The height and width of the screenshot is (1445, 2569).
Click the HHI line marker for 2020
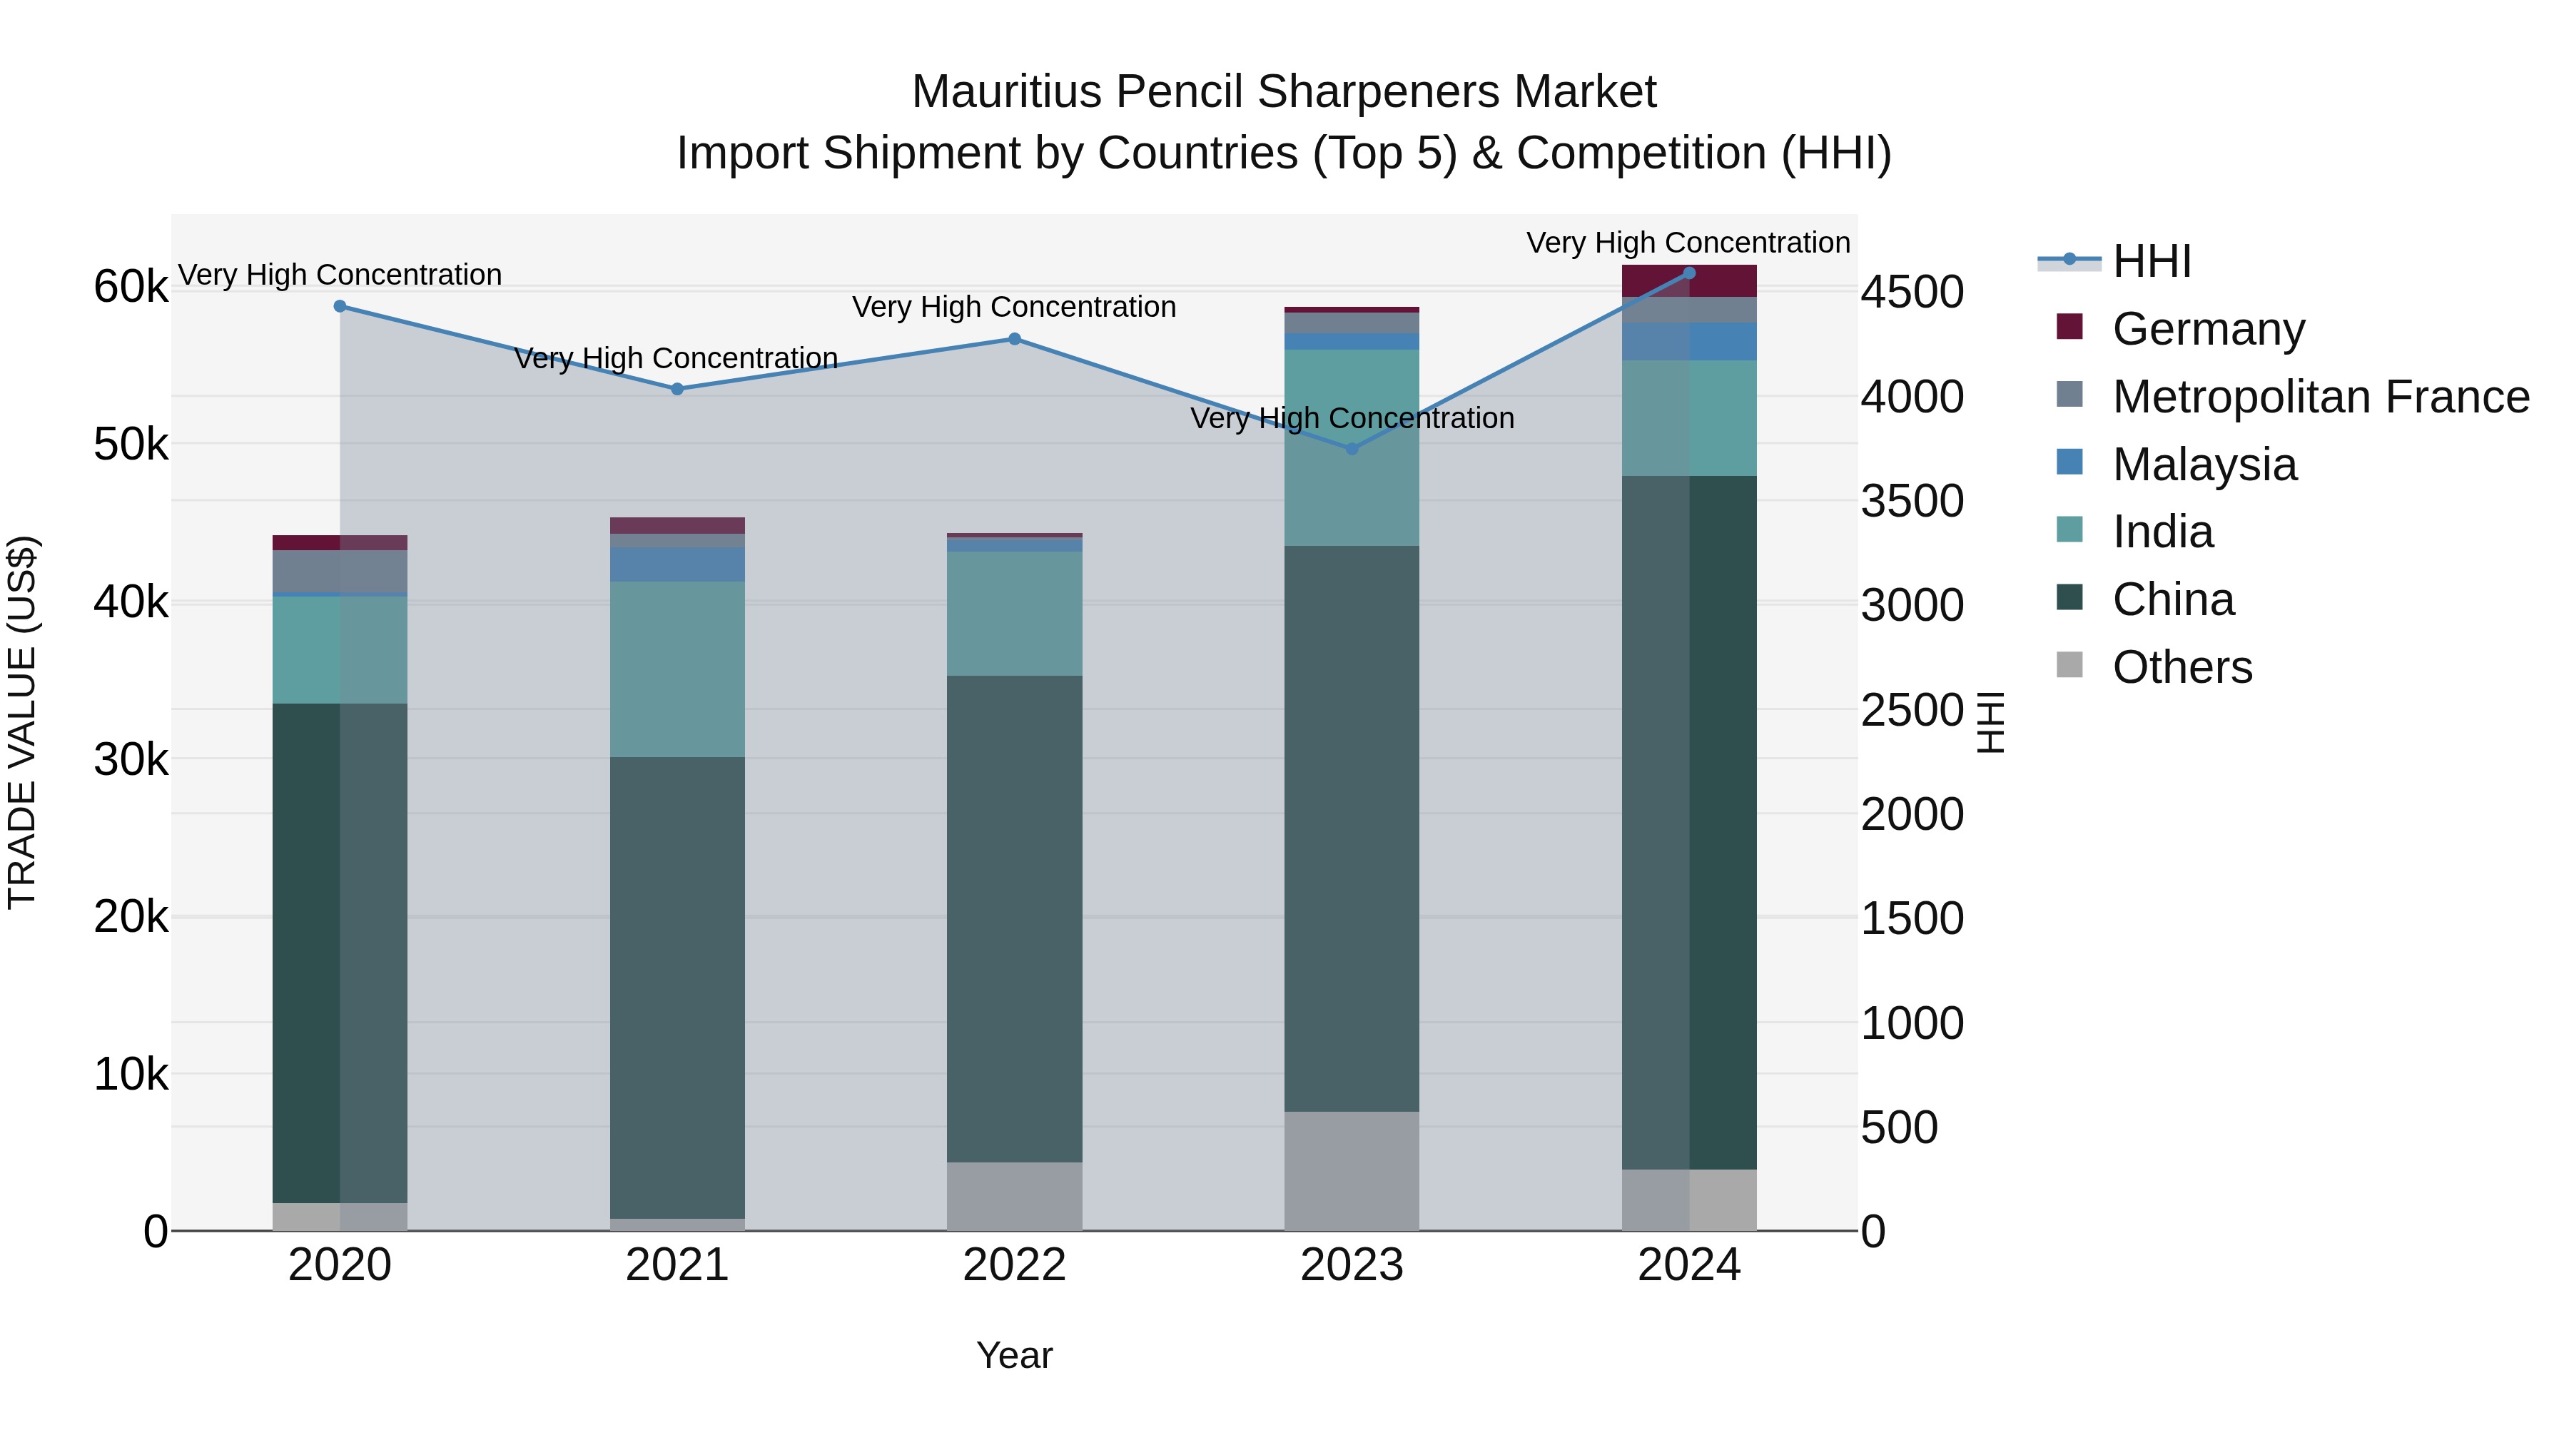pyautogui.click(x=340, y=306)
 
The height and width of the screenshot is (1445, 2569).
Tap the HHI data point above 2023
pyautogui.click(x=1352, y=449)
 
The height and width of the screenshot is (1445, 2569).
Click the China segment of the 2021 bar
pyautogui.click(x=677, y=988)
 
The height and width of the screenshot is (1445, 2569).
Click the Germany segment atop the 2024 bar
pyautogui.click(x=1688, y=281)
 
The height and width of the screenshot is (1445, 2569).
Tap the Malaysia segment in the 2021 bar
pyautogui.click(x=677, y=564)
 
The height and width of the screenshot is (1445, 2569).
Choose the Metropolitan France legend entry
pyautogui.click(x=2320, y=397)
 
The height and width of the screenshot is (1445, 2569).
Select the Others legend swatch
pyautogui.click(x=2069, y=665)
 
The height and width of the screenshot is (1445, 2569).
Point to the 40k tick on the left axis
pyautogui.click(x=131, y=602)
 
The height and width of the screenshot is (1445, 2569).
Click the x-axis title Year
pyautogui.click(x=1014, y=1355)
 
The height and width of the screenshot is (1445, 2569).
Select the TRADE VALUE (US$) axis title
pyautogui.click(x=22, y=722)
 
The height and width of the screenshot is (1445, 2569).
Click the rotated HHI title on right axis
pyautogui.click(x=1990, y=722)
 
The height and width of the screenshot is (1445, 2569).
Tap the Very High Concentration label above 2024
pyautogui.click(x=1688, y=243)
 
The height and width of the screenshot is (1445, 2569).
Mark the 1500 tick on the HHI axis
pyautogui.click(x=1912, y=918)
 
